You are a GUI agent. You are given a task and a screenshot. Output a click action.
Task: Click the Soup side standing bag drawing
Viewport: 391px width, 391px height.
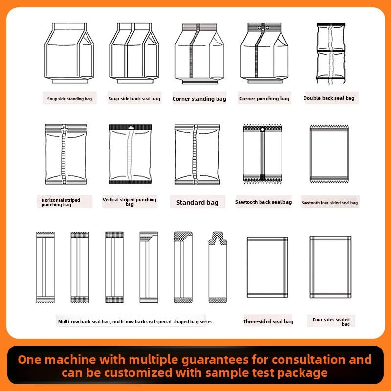[x=69, y=53]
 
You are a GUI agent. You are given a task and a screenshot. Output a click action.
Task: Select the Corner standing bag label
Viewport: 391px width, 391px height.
[x=199, y=99]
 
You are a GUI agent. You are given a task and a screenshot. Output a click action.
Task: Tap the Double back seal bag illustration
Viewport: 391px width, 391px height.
[x=331, y=54]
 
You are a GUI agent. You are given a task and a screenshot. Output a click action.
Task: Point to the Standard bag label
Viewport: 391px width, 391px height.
[x=197, y=202]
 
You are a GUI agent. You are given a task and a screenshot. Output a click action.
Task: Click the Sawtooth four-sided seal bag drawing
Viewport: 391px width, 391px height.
[x=329, y=154]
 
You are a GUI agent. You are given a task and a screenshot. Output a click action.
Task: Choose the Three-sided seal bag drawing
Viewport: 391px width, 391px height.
[x=267, y=267]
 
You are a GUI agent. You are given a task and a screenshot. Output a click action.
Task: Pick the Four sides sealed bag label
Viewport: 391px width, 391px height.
[x=331, y=322]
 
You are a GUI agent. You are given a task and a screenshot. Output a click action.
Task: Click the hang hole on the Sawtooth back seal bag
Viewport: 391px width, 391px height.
[x=262, y=130]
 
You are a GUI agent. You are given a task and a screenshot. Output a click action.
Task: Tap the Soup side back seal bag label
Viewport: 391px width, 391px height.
[x=134, y=99]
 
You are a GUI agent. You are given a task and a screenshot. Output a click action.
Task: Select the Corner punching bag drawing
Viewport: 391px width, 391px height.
[x=264, y=53]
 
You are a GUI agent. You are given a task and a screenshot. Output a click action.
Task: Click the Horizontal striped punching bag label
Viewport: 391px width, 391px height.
[x=61, y=202]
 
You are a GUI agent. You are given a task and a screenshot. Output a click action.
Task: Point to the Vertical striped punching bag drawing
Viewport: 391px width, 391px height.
[x=130, y=154]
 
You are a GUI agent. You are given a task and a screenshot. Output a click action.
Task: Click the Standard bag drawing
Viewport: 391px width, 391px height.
[x=197, y=154]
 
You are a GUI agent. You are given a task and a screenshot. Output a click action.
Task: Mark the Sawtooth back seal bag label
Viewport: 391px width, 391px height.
[x=263, y=202]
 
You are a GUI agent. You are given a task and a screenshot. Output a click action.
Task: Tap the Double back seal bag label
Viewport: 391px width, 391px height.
[x=329, y=98]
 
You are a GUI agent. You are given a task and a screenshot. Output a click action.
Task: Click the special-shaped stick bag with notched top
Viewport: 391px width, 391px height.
[x=217, y=267]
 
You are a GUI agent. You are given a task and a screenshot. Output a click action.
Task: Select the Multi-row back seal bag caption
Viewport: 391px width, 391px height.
[x=135, y=322]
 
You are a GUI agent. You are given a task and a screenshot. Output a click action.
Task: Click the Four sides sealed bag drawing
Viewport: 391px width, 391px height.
[x=330, y=267]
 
